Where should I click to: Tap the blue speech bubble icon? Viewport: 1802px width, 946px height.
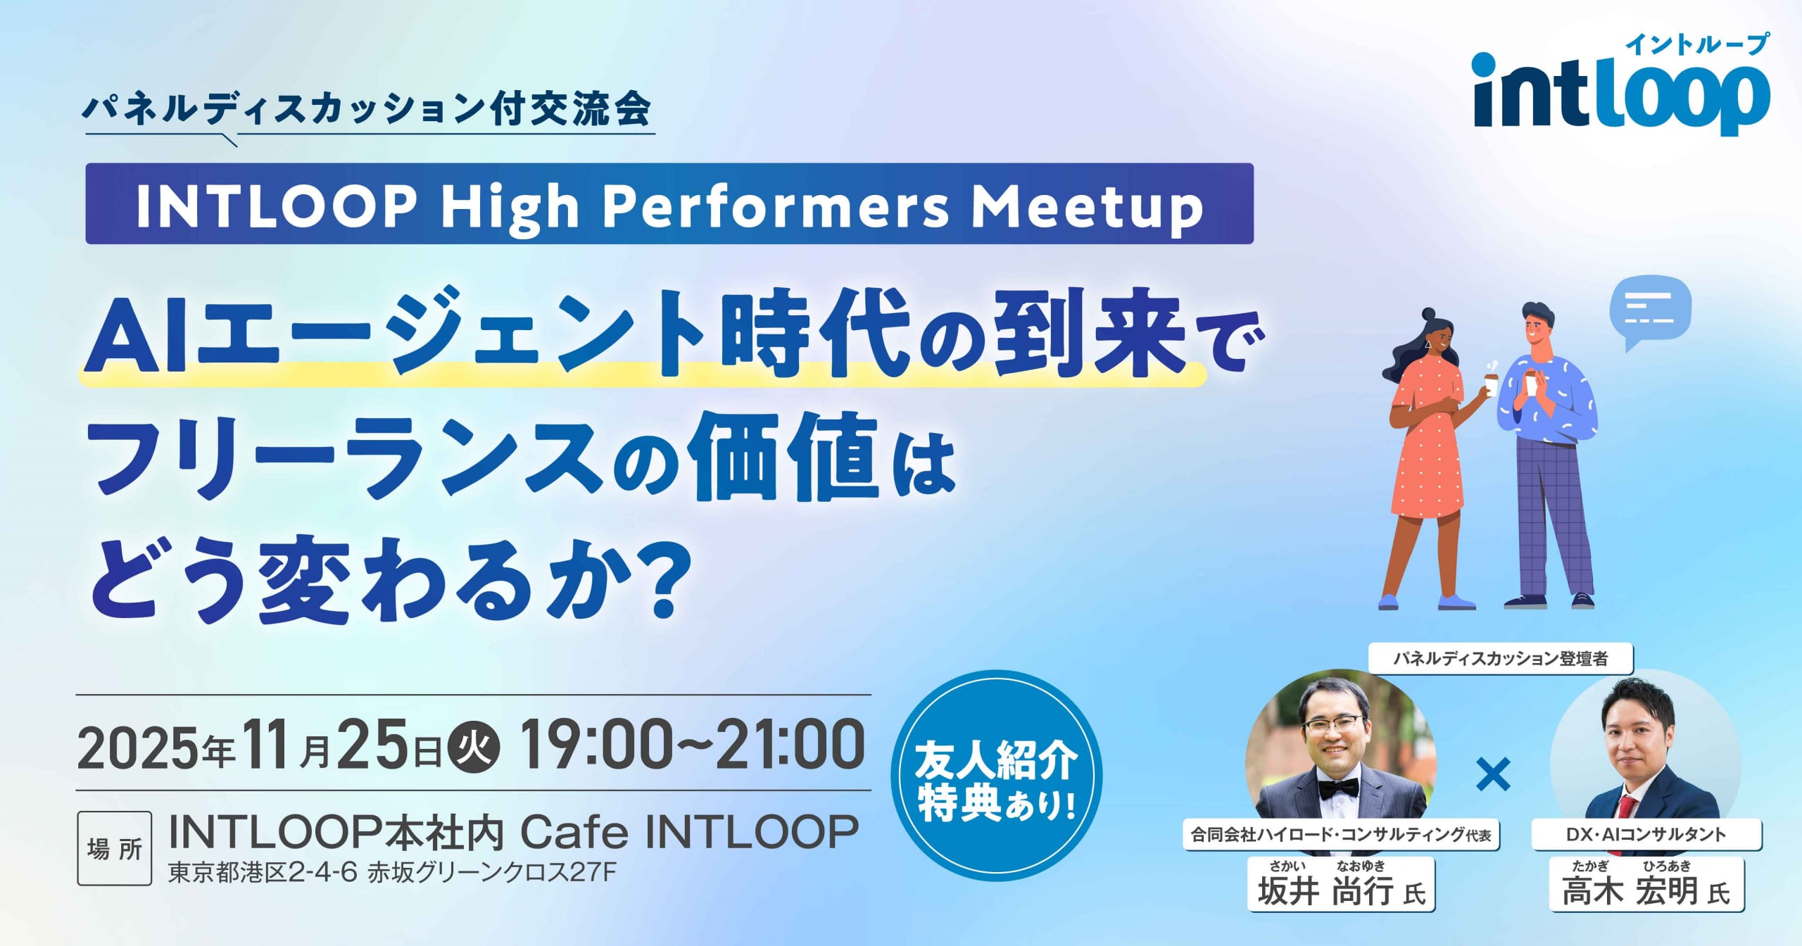pos(1650,311)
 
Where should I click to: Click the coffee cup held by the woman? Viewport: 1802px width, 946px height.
pos(1490,384)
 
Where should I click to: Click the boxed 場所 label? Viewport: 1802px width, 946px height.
pos(115,849)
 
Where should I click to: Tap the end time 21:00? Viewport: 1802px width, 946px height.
pos(790,745)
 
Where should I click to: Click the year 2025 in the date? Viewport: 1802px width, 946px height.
pos(138,748)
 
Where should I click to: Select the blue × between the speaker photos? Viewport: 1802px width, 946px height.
pos(1492,774)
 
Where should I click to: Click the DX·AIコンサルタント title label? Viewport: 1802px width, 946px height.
pos(1646,835)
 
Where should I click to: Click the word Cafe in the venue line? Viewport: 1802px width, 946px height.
pos(574,832)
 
